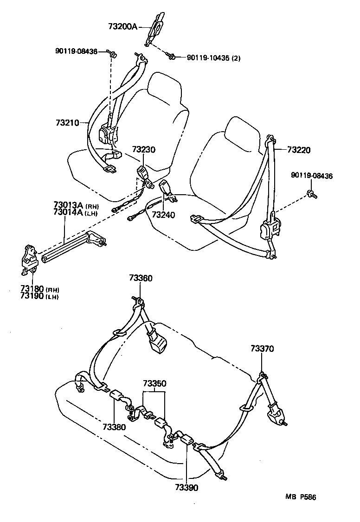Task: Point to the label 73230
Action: coord(143,150)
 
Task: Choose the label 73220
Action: coord(299,150)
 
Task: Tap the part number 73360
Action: coord(141,278)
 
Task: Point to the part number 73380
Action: coord(114,427)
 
